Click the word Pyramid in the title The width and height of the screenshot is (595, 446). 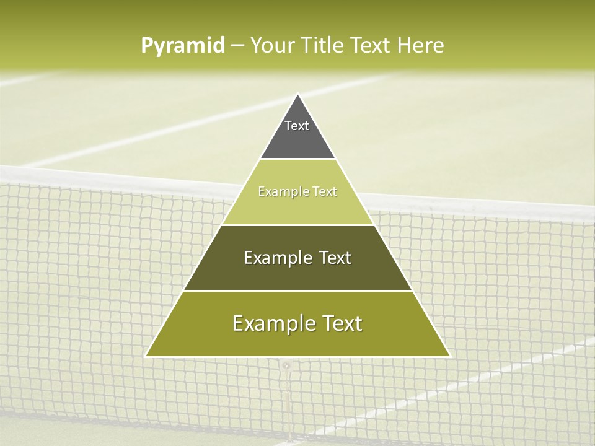(x=182, y=46)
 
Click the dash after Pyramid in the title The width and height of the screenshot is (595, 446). (x=237, y=46)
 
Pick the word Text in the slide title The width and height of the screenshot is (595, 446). (x=371, y=45)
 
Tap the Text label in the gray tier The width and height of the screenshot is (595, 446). (x=297, y=126)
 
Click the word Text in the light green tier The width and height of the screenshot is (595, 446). (x=325, y=191)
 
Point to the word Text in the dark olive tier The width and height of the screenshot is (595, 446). (x=335, y=258)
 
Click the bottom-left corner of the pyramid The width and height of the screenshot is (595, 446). (x=146, y=356)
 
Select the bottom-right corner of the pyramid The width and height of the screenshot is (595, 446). (x=449, y=356)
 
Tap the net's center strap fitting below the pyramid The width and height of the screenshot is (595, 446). (x=286, y=365)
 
